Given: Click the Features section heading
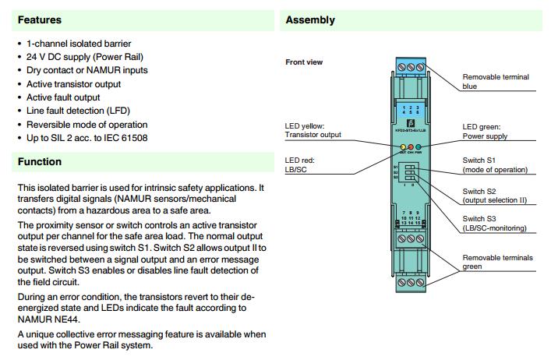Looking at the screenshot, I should [39, 19].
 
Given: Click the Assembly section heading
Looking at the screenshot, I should [310, 19].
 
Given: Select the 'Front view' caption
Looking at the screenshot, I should [304, 62].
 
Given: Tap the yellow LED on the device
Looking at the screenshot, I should [402, 146].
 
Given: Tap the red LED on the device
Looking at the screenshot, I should [410, 146].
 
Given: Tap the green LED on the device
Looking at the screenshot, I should [418, 146].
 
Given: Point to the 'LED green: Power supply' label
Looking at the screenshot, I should [485, 132].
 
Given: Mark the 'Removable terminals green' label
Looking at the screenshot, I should [496, 262].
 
